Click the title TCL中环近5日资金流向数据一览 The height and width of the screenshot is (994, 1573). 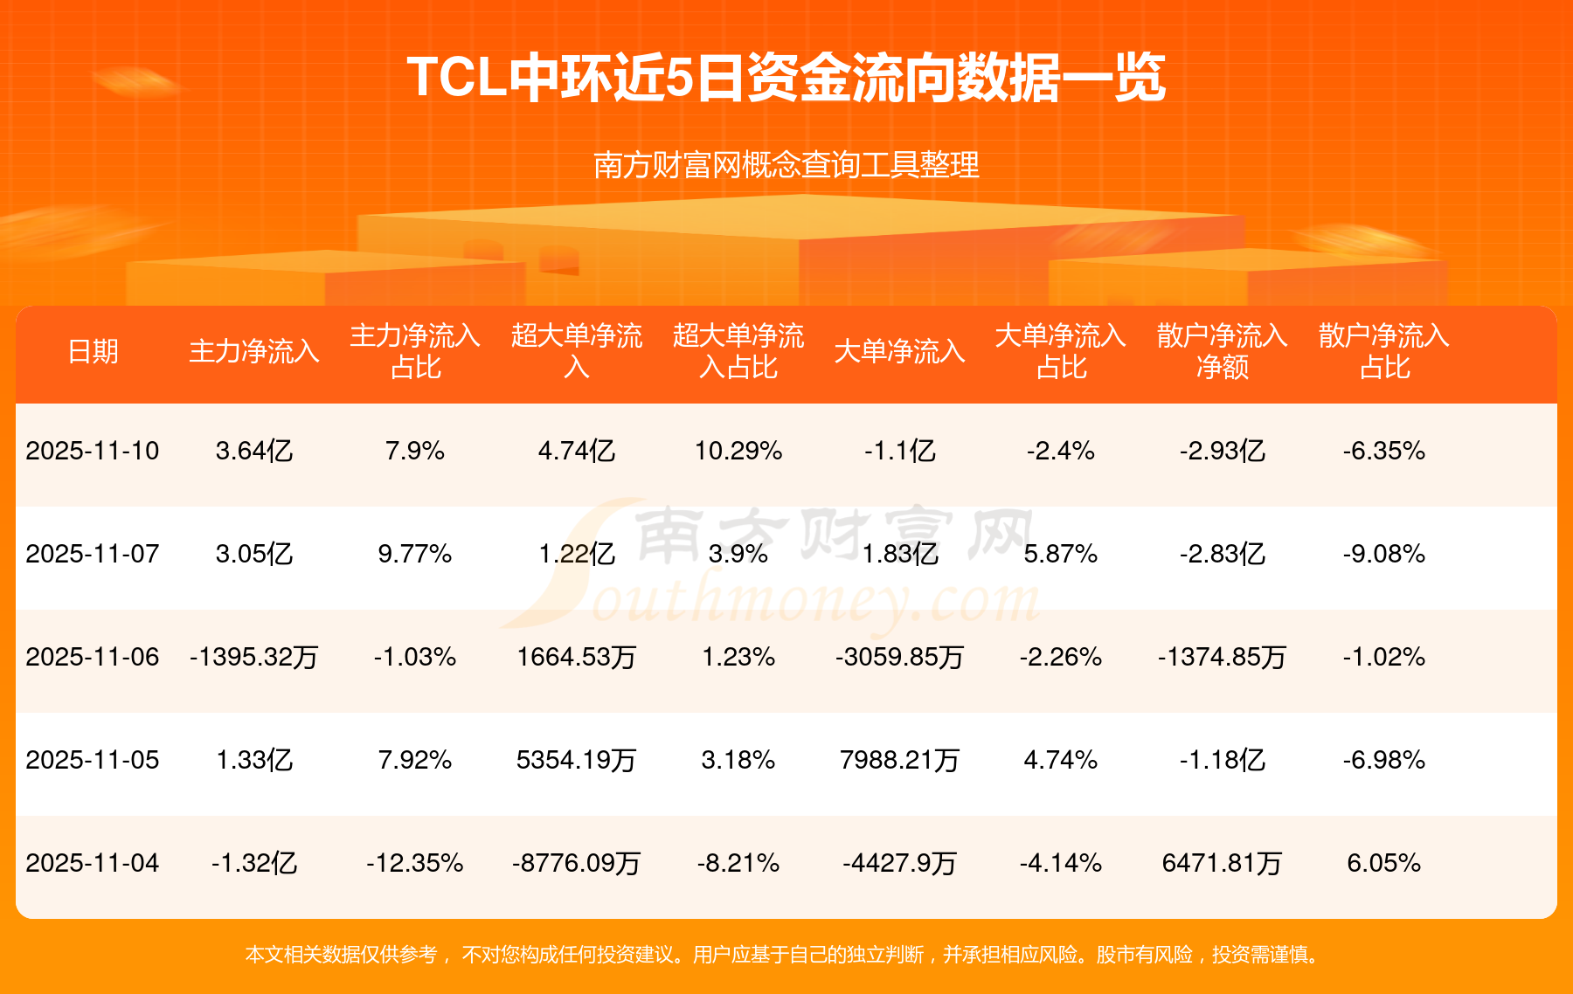(786, 78)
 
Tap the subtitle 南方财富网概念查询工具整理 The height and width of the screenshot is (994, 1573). (786, 164)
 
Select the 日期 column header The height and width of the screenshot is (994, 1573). (93, 351)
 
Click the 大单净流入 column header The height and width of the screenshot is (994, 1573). (899, 351)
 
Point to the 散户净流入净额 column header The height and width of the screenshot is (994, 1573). (1222, 351)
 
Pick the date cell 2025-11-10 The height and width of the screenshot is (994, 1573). (93, 451)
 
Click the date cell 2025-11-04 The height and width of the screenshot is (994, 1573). (93, 863)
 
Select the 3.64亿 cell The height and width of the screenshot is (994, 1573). (254, 451)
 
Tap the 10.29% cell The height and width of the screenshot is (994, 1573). (738, 451)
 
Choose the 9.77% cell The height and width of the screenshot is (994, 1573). (415, 554)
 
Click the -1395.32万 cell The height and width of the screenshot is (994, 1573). (254, 657)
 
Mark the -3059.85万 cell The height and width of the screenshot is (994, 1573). (899, 657)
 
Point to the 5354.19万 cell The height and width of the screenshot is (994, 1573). (577, 760)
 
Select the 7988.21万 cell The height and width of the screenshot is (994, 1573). (899, 760)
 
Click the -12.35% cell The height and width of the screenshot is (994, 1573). (415, 863)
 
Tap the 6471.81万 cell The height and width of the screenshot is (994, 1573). (1222, 863)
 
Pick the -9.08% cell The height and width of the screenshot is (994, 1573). (1384, 554)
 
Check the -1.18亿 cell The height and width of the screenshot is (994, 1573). (1222, 760)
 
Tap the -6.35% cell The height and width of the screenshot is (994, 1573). (1384, 451)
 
